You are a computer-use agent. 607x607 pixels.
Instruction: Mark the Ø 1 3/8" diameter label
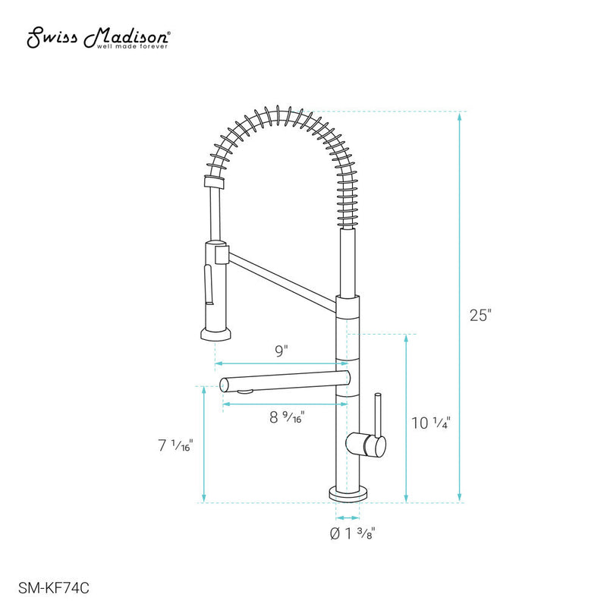(353, 533)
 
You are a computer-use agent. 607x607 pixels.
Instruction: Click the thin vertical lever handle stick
(376, 413)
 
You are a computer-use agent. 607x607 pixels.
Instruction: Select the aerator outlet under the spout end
(244, 392)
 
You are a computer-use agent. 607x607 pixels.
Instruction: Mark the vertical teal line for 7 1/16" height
(203, 445)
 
